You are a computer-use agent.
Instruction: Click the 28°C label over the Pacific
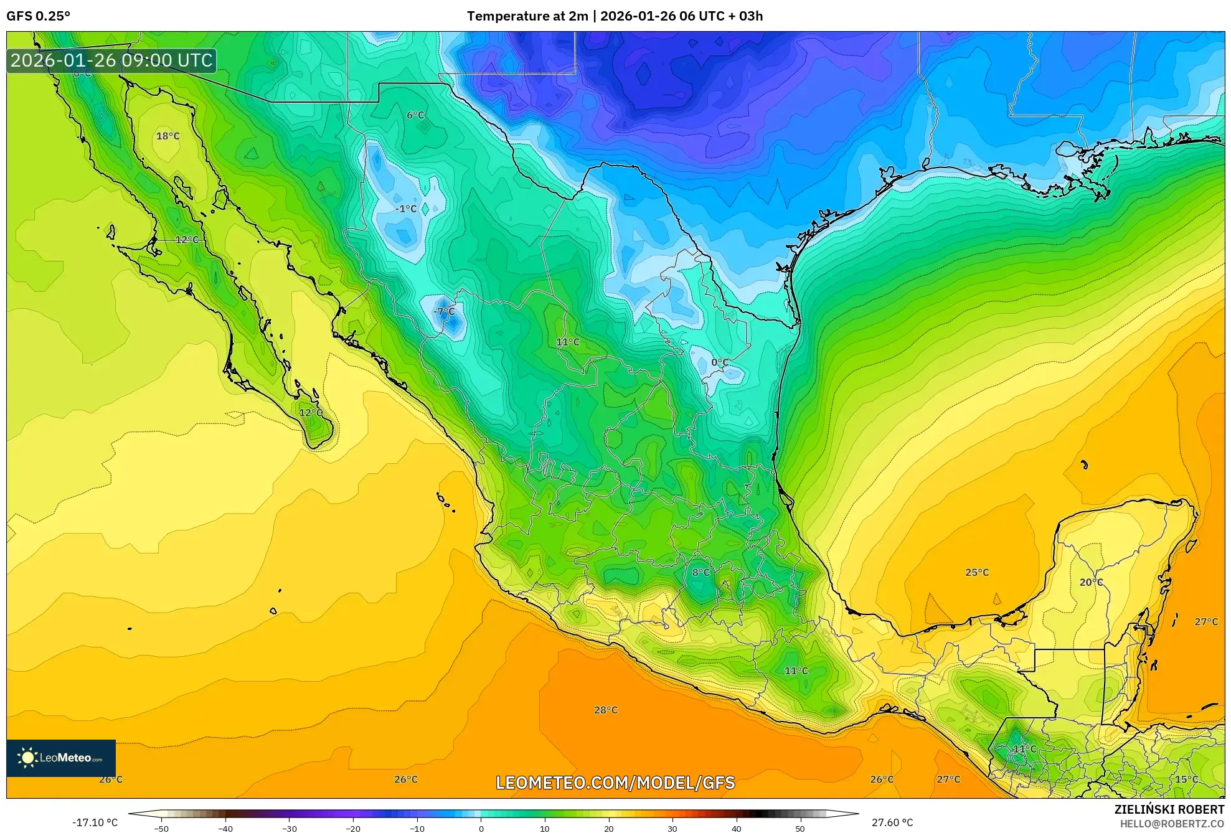click(605, 710)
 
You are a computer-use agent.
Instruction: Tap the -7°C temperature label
click(444, 311)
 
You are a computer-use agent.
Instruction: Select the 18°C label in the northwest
click(167, 136)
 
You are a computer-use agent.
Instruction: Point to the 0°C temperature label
click(720, 362)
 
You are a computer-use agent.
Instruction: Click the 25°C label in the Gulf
click(976, 572)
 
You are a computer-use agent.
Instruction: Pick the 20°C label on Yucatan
click(1091, 582)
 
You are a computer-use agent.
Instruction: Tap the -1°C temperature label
click(405, 209)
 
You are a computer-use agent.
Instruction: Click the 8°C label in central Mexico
click(700, 572)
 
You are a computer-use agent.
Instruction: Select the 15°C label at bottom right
click(1186, 779)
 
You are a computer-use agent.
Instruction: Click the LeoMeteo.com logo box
click(61, 758)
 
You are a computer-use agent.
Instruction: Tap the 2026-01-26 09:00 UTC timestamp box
click(111, 60)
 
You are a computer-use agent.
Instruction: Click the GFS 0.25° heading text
click(39, 16)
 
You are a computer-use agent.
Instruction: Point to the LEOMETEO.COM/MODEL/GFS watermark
click(615, 783)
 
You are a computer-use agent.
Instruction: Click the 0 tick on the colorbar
click(481, 829)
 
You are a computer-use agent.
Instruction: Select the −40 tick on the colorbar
click(225, 829)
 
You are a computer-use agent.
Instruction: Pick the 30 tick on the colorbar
click(672, 829)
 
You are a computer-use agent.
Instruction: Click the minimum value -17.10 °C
click(95, 822)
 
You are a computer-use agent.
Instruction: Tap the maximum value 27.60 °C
click(892, 822)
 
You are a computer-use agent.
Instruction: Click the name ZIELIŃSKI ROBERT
click(1169, 809)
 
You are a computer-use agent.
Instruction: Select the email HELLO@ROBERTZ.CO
click(1172, 824)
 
